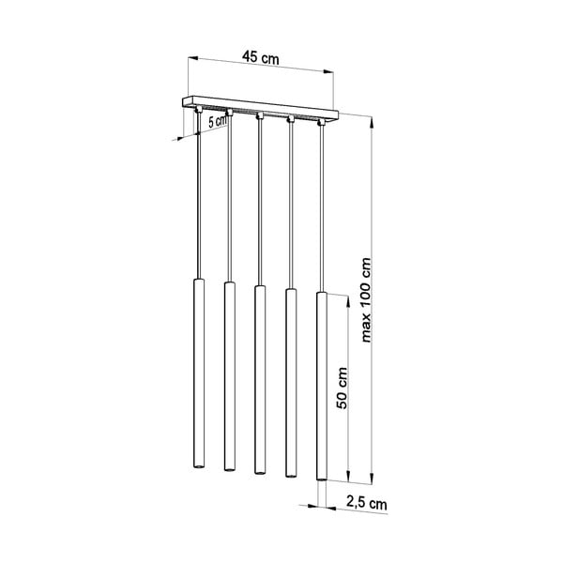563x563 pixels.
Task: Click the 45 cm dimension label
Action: pyautogui.click(x=261, y=57)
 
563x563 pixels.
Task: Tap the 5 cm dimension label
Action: pyautogui.click(x=218, y=121)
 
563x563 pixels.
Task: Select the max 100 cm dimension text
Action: pyautogui.click(x=366, y=300)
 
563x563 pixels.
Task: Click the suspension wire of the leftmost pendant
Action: pyautogui.click(x=198, y=206)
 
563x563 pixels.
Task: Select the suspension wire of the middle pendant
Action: pyautogui.click(x=258, y=206)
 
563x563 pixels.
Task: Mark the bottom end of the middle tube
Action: pyautogui.click(x=258, y=469)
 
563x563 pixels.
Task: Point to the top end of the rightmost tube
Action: pyautogui.click(x=321, y=295)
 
